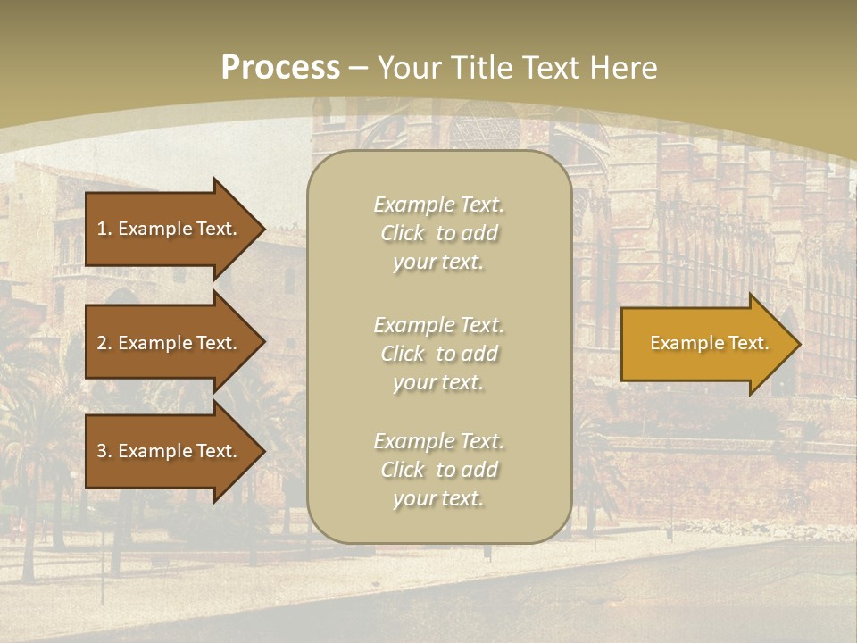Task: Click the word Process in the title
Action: (280, 67)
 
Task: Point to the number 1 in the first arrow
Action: (102, 229)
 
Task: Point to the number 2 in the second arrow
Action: (102, 343)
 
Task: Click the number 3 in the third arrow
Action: (102, 451)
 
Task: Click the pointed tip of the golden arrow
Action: (796, 344)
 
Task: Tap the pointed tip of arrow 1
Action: (262, 229)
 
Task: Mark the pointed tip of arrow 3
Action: (262, 451)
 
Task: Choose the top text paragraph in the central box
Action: (438, 233)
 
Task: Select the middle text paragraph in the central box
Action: (438, 354)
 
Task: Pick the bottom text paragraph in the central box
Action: (438, 470)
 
